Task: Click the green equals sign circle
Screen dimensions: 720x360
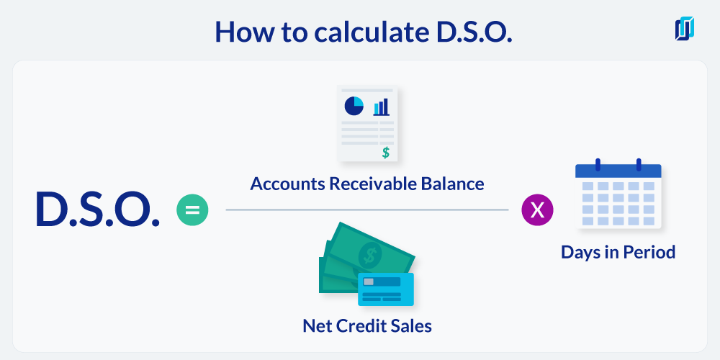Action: [192, 210]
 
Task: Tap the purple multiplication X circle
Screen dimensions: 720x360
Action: [537, 210]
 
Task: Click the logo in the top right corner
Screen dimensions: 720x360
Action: [685, 29]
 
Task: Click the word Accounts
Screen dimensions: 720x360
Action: [287, 184]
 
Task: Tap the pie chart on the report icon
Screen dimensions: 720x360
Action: [354, 106]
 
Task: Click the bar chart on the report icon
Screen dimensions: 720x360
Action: [381, 107]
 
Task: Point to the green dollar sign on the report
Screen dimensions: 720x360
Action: [386, 153]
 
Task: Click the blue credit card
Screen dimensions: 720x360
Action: [386, 289]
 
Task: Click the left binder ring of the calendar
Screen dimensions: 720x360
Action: [598, 164]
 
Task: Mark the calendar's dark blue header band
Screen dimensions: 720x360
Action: [618, 171]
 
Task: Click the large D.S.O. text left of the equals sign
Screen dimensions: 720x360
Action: [98, 210]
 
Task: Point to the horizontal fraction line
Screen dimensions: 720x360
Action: [367, 210]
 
